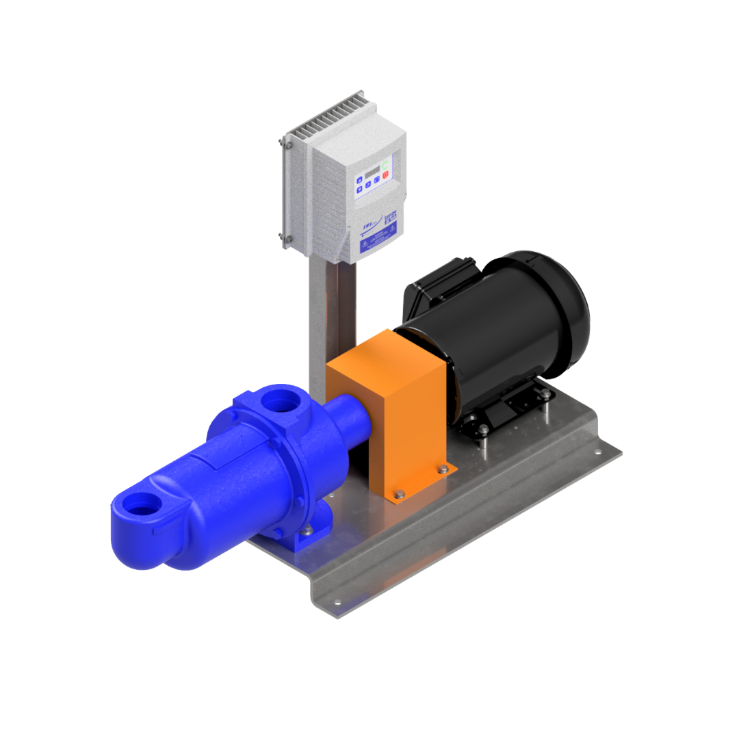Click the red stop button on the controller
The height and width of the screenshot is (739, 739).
385,175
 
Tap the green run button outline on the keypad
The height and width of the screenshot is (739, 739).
386,163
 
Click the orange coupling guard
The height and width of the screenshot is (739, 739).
387,411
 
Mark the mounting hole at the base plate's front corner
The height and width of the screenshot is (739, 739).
336,603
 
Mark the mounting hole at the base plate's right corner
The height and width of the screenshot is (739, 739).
597,452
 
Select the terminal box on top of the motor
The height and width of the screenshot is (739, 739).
438,281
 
